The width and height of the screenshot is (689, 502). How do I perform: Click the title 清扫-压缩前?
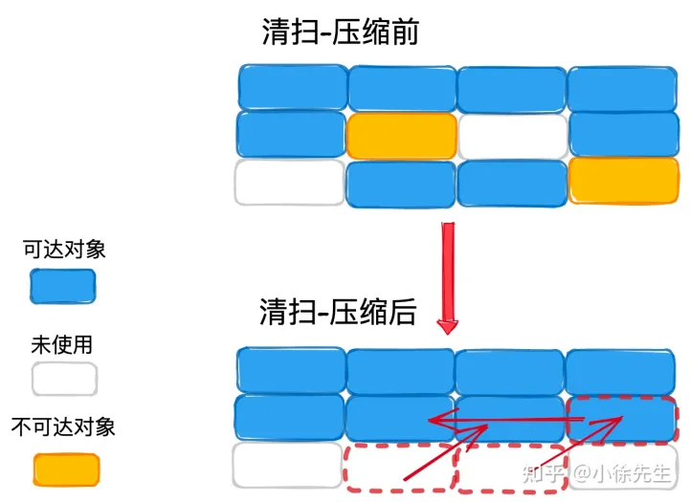(340, 31)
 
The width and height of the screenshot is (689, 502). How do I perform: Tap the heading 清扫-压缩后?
(338, 311)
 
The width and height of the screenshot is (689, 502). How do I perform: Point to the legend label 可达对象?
(64, 250)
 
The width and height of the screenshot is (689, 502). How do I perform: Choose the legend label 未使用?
(62, 343)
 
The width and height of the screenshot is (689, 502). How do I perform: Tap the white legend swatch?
(63, 379)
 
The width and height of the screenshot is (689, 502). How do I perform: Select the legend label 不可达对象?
(63, 426)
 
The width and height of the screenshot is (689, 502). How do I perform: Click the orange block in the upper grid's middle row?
(401, 136)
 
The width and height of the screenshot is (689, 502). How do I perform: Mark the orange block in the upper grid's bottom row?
(623, 181)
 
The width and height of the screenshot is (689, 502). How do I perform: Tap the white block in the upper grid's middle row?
(512, 136)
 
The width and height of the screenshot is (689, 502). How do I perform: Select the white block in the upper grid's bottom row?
(289, 183)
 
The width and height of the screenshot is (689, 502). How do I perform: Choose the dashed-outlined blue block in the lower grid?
(622, 420)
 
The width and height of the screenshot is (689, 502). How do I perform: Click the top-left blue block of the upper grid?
(291, 87)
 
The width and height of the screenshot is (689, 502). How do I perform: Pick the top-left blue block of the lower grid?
(290, 369)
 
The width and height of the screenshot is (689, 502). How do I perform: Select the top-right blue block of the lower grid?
(622, 370)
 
